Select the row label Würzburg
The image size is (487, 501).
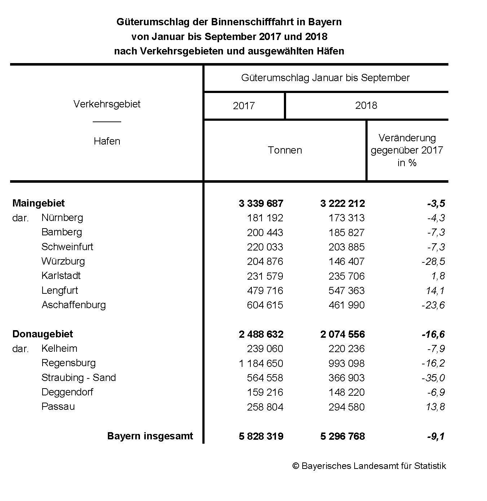(63, 261)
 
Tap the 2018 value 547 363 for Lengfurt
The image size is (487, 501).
(346, 291)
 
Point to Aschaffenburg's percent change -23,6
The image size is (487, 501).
(433, 305)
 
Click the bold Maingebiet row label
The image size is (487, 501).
(39, 203)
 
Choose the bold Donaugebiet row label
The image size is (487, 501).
(43, 334)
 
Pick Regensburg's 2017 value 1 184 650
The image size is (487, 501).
(261, 363)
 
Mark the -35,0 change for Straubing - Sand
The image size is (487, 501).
(433, 378)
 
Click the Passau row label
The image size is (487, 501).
(58, 407)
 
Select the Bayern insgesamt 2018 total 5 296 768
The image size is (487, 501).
(342, 436)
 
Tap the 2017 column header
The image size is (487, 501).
(244, 106)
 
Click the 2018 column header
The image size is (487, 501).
(366, 106)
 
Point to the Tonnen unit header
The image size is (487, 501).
(285, 150)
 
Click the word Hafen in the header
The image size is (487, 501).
(107, 141)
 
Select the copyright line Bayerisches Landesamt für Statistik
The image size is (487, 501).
(369, 466)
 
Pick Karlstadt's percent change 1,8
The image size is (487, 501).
(437, 276)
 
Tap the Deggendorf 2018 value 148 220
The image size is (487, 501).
(346, 392)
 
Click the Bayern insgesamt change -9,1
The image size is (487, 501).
(436, 436)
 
